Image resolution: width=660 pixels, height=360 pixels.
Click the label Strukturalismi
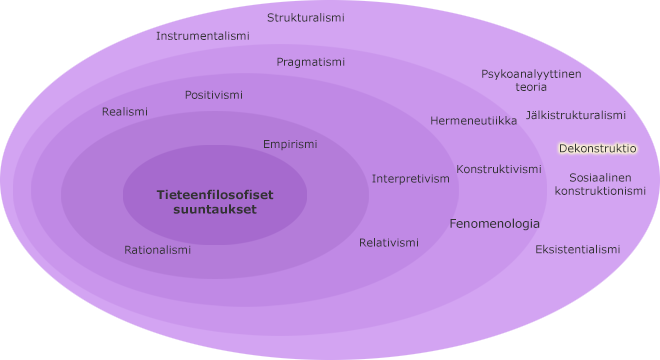(x=306, y=18)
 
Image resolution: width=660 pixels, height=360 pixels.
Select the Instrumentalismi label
(x=202, y=36)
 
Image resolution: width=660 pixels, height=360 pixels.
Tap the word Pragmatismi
(x=310, y=62)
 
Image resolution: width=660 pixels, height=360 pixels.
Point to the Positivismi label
(x=213, y=95)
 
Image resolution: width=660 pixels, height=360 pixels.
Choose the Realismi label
(x=124, y=112)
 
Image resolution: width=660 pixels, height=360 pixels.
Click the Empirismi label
(x=290, y=144)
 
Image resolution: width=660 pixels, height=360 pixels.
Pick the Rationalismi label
(x=157, y=250)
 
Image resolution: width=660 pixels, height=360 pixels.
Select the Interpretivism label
(x=411, y=179)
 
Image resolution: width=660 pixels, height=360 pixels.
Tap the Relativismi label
(x=389, y=242)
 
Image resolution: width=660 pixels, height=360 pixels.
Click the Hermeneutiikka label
(x=473, y=121)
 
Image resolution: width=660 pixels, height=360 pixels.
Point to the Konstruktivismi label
(x=499, y=169)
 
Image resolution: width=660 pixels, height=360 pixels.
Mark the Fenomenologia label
(x=494, y=224)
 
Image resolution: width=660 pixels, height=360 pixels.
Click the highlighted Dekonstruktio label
(x=597, y=148)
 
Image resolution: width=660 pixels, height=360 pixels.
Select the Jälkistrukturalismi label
(x=575, y=115)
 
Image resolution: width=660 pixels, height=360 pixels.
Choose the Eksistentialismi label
(x=577, y=249)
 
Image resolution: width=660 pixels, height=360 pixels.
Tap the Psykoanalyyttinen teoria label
(x=531, y=80)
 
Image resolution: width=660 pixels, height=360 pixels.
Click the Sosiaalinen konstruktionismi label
(x=600, y=184)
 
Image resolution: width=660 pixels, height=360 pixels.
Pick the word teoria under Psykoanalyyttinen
(x=531, y=87)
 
